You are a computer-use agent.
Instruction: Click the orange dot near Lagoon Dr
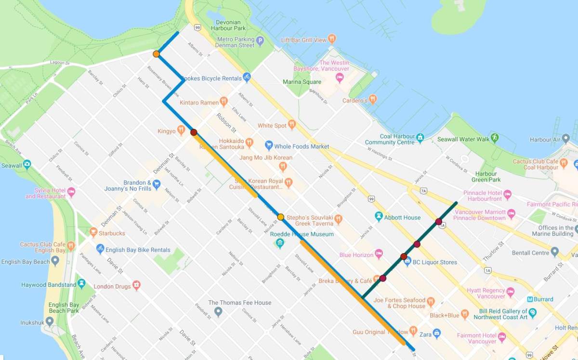coord(156,54)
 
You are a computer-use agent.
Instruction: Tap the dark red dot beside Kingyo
coord(194,132)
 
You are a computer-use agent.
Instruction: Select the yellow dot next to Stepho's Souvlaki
coord(281,217)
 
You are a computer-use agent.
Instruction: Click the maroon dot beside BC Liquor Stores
coord(404,256)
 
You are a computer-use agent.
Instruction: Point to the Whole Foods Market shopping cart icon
coord(269,146)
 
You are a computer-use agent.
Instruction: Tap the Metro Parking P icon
coord(260,41)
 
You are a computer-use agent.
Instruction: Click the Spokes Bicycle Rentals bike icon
coord(247,77)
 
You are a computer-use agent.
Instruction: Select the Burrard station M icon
coord(530,299)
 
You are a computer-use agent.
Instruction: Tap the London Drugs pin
coord(136,285)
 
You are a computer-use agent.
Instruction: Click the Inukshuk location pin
coord(50,321)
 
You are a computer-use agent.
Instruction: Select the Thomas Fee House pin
coord(218,312)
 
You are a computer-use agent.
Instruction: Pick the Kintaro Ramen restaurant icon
coord(223,102)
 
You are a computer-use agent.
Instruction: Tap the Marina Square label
coord(302,82)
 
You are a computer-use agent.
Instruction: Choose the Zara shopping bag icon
coord(436,333)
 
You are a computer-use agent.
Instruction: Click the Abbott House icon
coord(379,217)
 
